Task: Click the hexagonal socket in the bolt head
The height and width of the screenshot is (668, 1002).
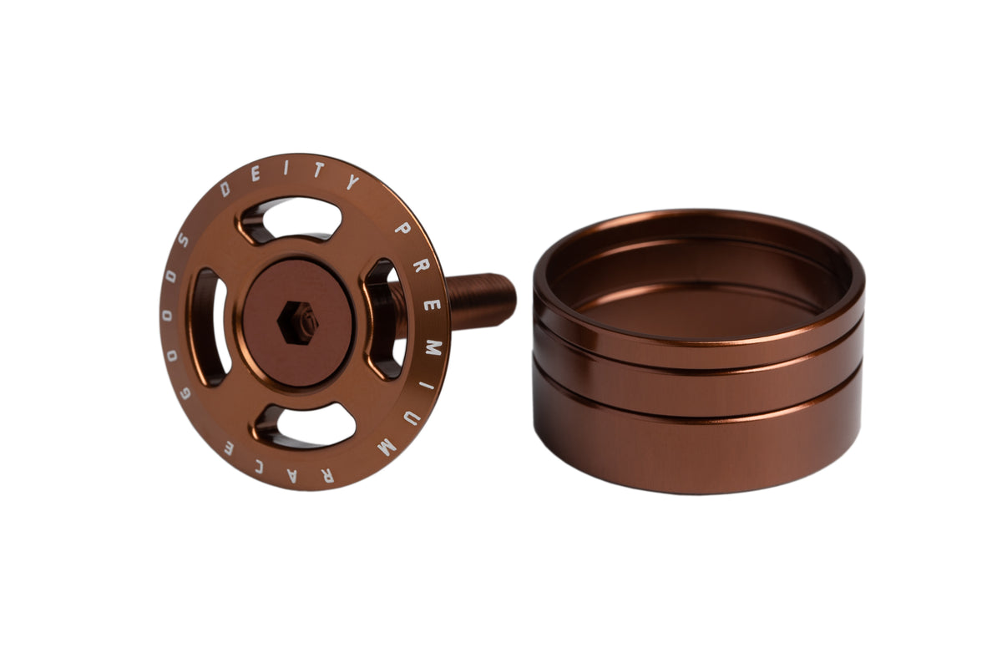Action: [x=298, y=322]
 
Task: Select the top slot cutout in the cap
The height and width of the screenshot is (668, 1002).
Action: [x=291, y=220]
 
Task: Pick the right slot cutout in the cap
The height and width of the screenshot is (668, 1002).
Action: [x=386, y=319]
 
